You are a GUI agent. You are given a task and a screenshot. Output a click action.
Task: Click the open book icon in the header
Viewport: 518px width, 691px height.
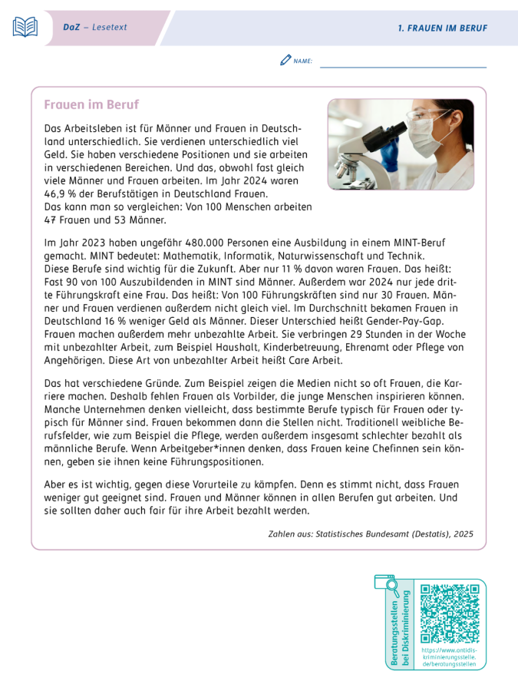25,27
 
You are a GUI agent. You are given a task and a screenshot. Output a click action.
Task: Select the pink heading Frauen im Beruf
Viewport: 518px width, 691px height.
91,104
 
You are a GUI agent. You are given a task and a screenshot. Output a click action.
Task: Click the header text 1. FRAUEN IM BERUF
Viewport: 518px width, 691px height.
442,28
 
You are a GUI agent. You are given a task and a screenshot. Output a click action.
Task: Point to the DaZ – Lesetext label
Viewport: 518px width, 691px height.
95,28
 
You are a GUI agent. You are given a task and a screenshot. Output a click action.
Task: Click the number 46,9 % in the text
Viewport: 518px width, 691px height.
60,194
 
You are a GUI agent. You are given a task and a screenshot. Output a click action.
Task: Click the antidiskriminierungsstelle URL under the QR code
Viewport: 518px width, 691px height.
450,656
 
